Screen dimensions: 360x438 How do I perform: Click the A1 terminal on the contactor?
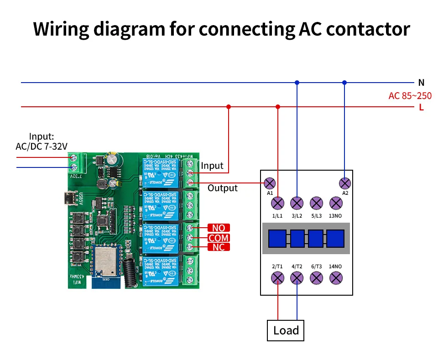270,183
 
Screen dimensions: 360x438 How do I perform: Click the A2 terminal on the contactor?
345,183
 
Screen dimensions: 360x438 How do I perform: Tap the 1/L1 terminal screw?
277,203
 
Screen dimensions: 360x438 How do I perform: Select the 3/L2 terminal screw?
297,203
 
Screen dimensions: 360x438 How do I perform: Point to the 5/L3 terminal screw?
316,203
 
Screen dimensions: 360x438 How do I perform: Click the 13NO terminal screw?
336,203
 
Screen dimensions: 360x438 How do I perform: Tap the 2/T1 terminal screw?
277,277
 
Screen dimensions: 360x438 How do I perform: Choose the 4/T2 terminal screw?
297,277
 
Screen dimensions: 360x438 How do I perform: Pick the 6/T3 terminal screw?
316,277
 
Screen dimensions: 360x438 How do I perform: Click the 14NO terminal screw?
336,277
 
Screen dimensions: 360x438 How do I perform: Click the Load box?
286,330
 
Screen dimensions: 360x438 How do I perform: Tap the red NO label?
219,228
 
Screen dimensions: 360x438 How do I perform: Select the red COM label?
219,237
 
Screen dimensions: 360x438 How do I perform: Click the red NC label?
219,247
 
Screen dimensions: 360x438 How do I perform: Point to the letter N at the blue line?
421,83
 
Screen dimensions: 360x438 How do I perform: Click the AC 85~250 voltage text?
410,96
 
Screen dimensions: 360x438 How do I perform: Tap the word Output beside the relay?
223,188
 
